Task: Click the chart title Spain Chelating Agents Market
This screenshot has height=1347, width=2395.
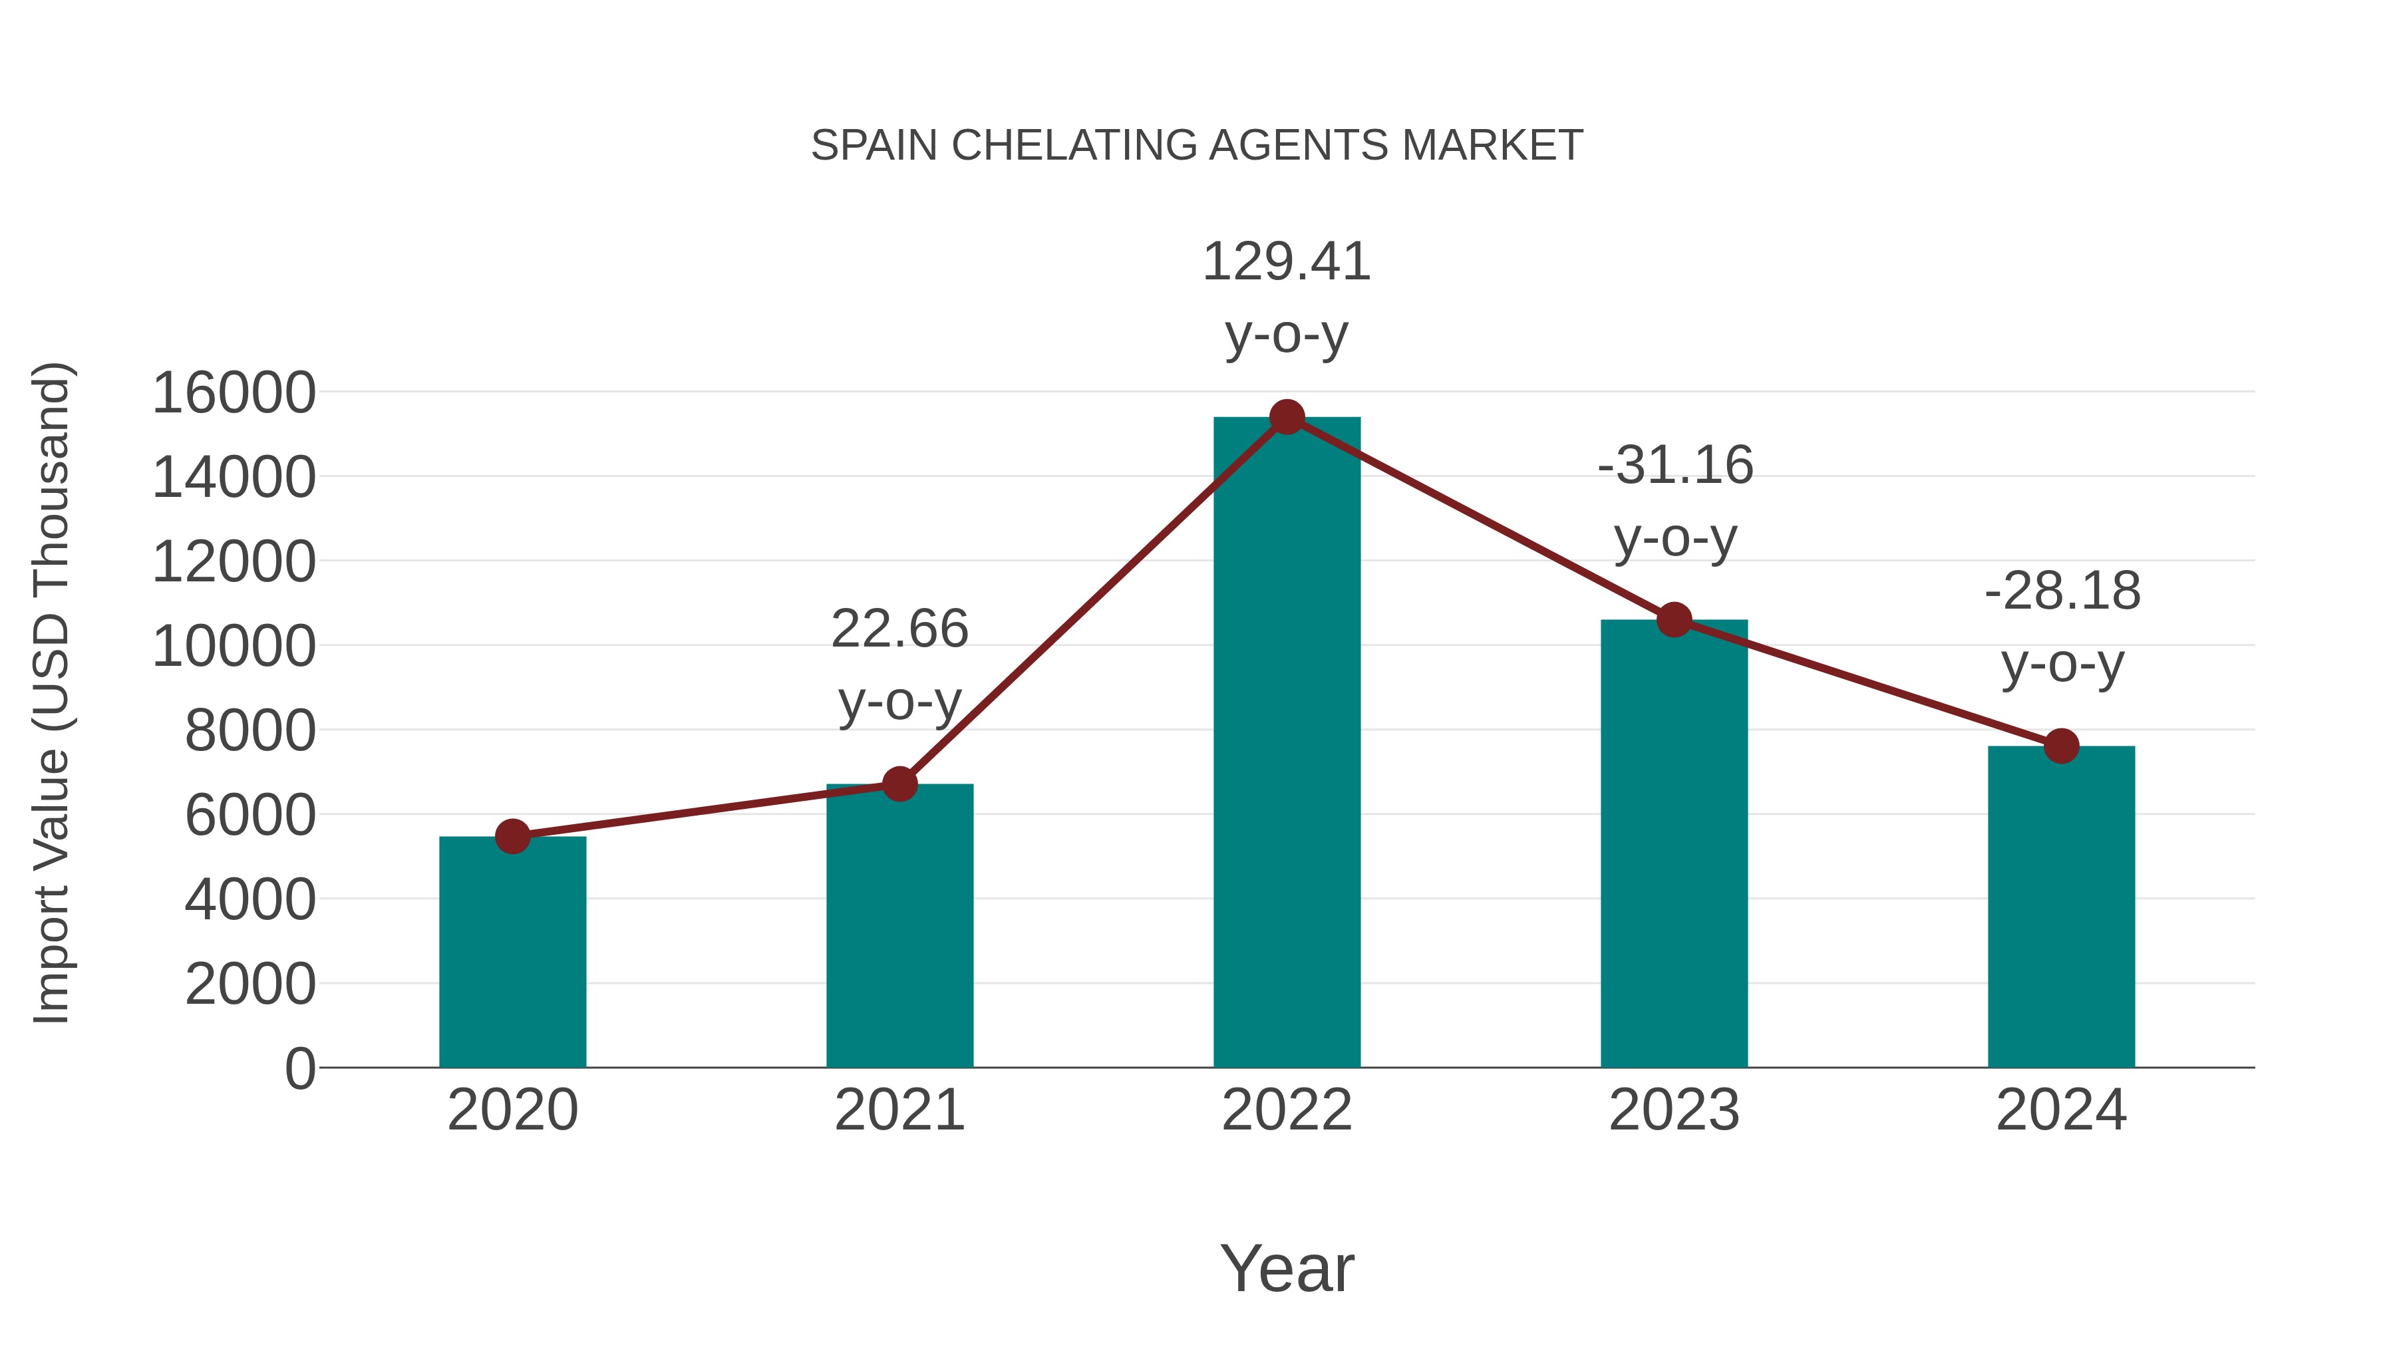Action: tap(1197, 146)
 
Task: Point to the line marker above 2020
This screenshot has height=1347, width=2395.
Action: tap(512, 837)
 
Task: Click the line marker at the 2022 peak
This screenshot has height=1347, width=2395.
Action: tap(1287, 417)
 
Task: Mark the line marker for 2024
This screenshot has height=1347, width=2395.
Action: tap(2061, 746)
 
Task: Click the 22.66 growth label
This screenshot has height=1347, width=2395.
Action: tap(899, 629)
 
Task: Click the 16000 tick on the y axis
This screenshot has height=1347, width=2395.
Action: tap(234, 392)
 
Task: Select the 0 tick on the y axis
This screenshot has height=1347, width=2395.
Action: tap(299, 1068)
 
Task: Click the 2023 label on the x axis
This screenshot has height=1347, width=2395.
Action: tap(1674, 1110)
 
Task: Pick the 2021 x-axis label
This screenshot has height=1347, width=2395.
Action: tap(899, 1110)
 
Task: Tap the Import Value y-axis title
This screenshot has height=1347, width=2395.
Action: tap(52, 692)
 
